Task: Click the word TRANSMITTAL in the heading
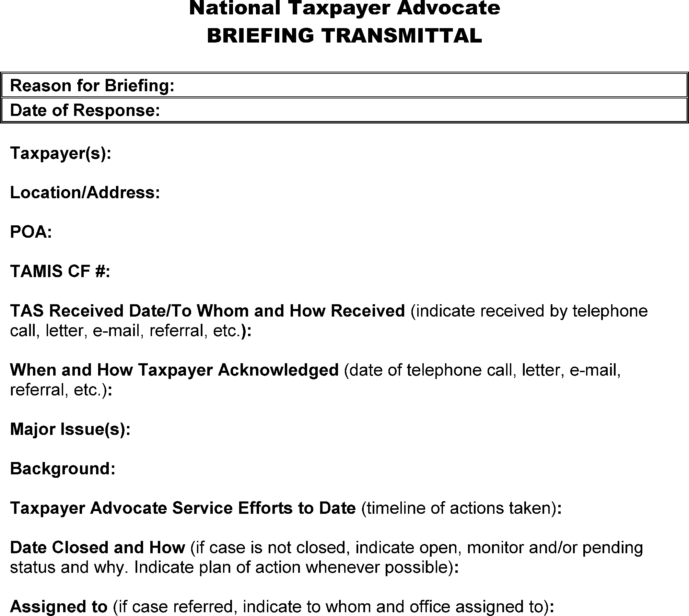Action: coord(401,36)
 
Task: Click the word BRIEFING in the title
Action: coord(261,36)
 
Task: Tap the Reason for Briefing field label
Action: coord(92,85)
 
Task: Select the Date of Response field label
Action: coord(85,110)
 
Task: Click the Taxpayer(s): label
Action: coord(61,153)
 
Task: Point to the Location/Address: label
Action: coord(85,192)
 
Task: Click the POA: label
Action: coord(31,232)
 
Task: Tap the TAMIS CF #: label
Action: coord(60,271)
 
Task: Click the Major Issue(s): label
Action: coord(70,429)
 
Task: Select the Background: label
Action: coord(63,469)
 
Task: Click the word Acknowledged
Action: coord(278,370)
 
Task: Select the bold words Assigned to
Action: coord(59,607)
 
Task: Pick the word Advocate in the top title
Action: coord(448,8)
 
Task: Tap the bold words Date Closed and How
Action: coord(97,547)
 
